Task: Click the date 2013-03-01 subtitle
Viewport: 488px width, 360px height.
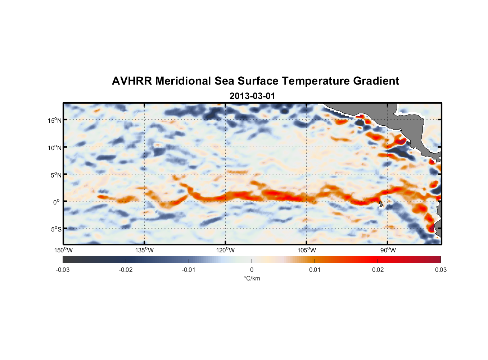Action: tap(252, 96)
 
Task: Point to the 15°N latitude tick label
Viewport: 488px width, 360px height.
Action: tap(55, 120)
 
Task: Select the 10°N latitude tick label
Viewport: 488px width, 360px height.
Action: tap(55, 148)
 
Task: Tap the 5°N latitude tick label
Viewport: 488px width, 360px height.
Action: tap(56, 175)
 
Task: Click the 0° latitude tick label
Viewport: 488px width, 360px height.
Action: tap(57, 202)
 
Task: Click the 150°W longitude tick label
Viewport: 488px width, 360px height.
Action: tap(63, 250)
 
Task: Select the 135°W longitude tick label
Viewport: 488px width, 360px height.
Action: tap(145, 250)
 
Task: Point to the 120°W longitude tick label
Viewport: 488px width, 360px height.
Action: tap(226, 250)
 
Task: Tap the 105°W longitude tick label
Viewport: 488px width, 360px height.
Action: tap(307, 250)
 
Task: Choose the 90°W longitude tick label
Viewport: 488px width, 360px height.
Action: tap(388, 250)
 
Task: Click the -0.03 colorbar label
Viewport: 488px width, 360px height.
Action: tap(63, 270)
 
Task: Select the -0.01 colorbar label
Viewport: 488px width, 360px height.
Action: tap(189, 270)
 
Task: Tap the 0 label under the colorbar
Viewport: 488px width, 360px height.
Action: tap(252, 270)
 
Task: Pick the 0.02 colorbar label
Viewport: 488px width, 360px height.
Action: tap(378, 270)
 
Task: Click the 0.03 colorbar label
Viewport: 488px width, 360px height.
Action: tap(440, 270)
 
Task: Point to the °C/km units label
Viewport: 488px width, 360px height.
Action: tap(252, 278)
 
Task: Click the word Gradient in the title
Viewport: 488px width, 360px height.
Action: tap(376, 81)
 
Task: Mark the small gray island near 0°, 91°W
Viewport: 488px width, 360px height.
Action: tap(381, 204)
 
